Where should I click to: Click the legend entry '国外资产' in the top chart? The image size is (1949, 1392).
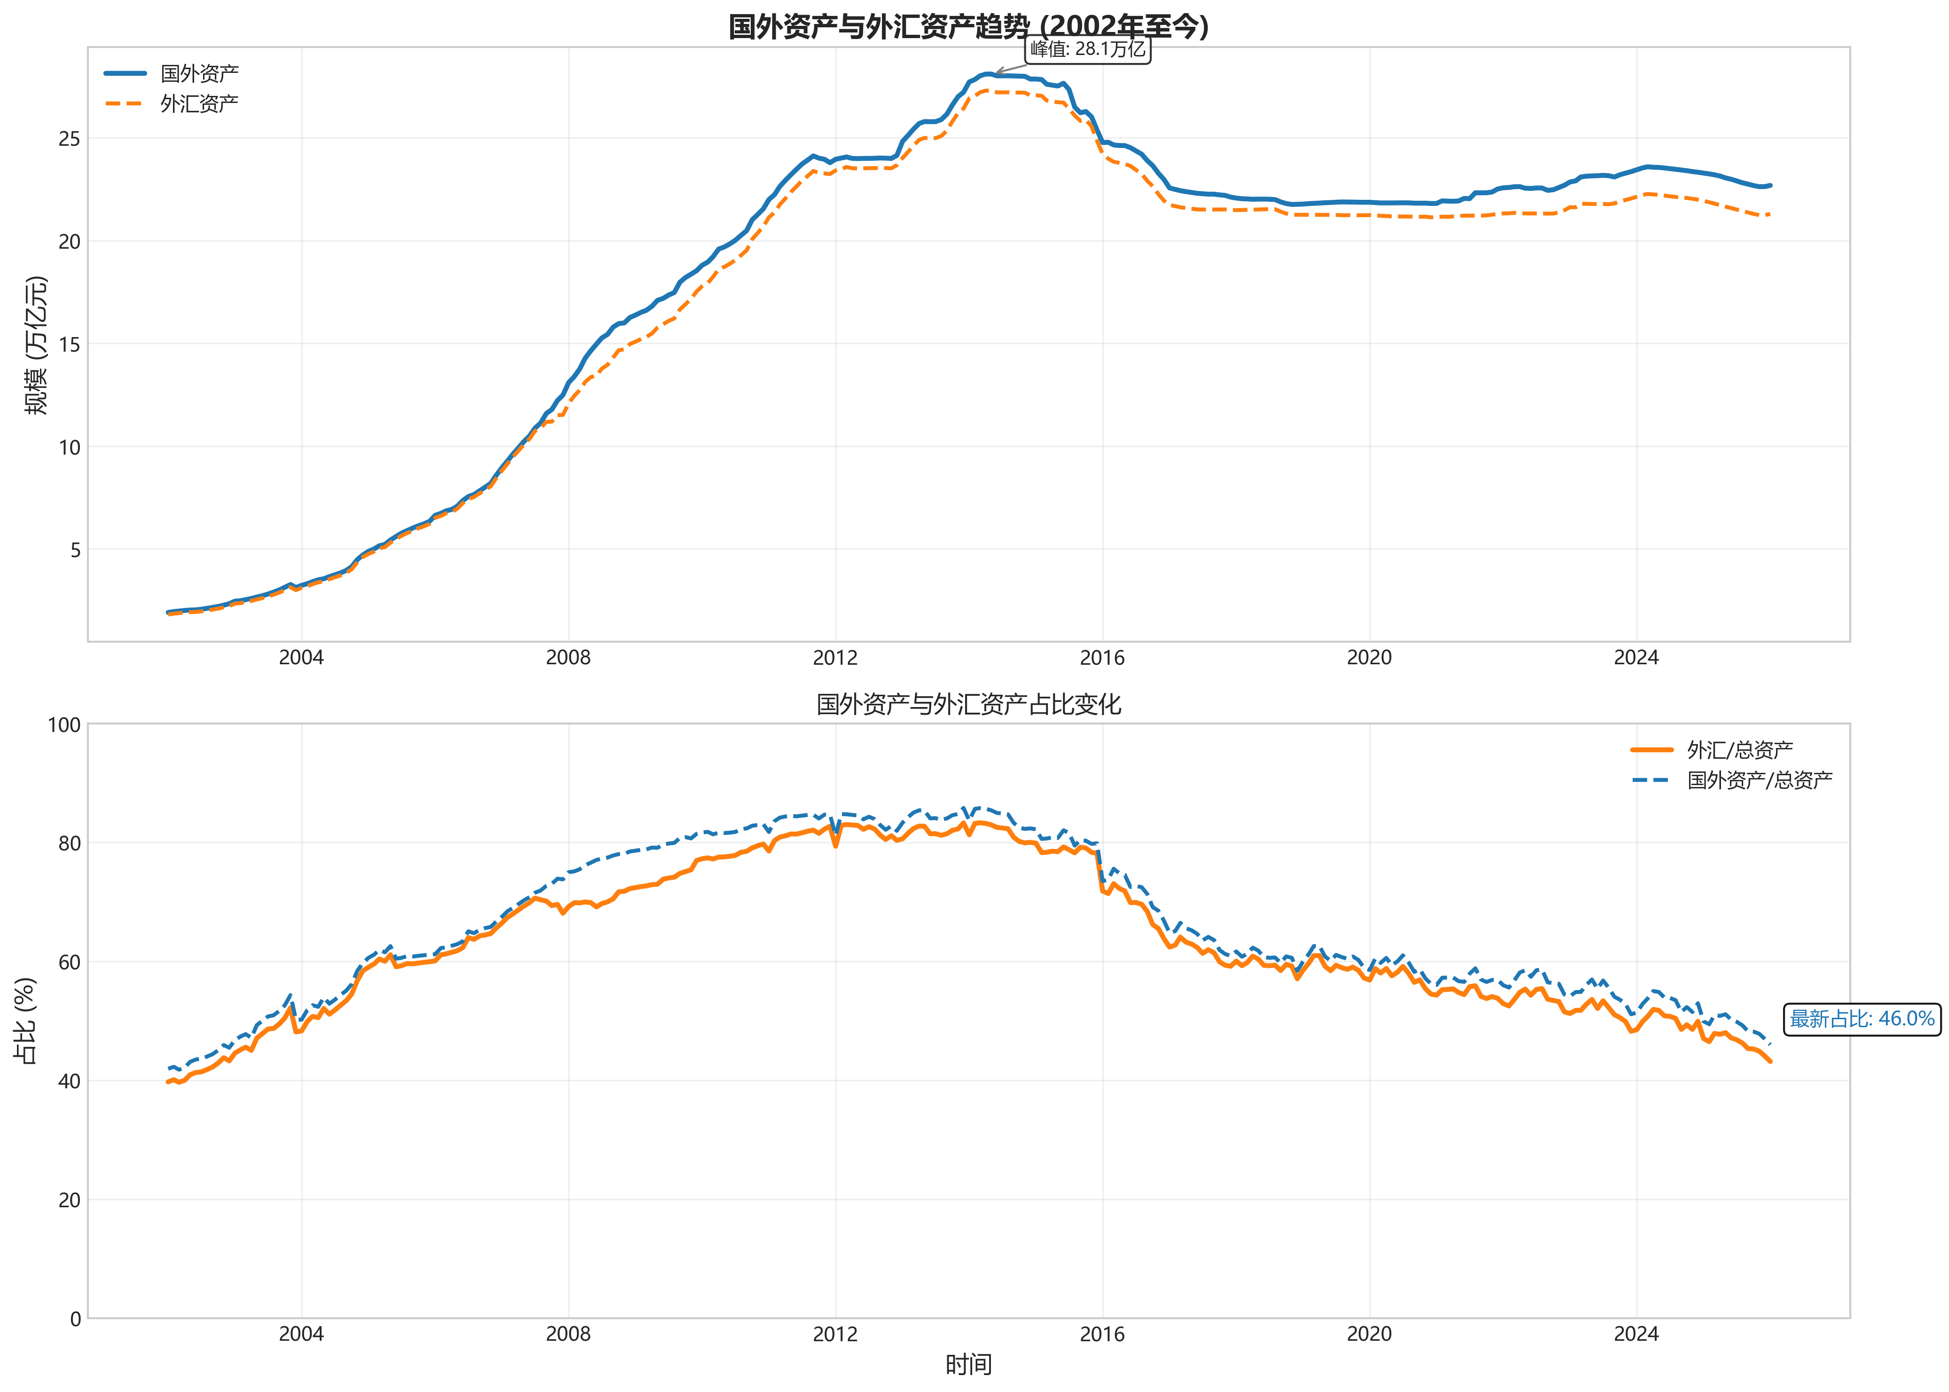click(199, 74)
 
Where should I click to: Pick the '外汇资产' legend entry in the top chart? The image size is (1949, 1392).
click(199, 104)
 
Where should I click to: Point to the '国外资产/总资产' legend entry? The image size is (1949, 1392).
click(1759, 780)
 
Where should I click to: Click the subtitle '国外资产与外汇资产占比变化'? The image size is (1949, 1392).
click(967, 705)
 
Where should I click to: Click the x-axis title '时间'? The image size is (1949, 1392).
click(967, 1364)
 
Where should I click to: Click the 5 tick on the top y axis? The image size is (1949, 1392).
click(75, 550)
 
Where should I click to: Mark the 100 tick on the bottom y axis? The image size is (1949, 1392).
click(63, 725)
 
